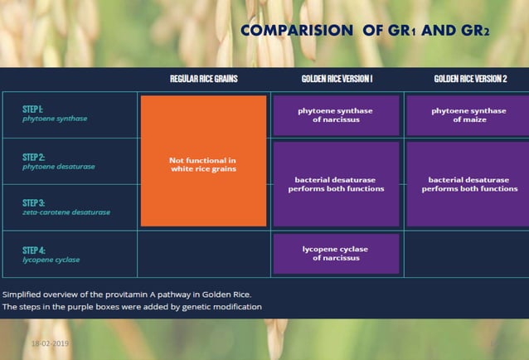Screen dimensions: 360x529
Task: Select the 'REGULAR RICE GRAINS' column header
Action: tap(204, 79)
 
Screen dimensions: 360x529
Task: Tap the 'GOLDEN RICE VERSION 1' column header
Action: tap(337, 79)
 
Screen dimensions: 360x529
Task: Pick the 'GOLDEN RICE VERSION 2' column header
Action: tap(470, 79)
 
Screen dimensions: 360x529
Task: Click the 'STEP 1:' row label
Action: tap(34, 109)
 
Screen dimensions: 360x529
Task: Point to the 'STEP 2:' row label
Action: tap(34, 156)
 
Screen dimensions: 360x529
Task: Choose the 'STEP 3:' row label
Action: tap(34, 202)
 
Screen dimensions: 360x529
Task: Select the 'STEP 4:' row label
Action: tap(34, 250)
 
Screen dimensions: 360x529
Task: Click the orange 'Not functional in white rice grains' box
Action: tap(203, 161)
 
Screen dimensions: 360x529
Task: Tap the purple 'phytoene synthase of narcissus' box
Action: tap(336, 114)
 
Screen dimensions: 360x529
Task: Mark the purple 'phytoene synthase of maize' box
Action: tap(469, 114)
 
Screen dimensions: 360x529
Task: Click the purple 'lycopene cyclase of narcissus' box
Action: tap(336, 253)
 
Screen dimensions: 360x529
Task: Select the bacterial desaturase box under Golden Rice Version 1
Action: tap(336, 184)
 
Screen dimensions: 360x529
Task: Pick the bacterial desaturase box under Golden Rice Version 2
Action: tap(469, 184)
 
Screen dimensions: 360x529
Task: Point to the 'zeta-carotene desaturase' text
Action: tap(66, 212)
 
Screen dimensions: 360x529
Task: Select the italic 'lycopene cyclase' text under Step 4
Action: tap(51, 260)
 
